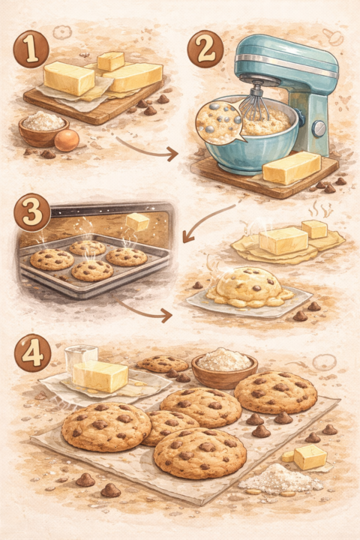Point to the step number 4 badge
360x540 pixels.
pyautogui.click(x=31, y=355)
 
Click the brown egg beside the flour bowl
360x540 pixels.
pyautogui.click(x=67, y=139)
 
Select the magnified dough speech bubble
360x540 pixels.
pyautogui.click(x=217, y=121)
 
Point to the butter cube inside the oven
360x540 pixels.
pyautogui.click(x=138, y=221)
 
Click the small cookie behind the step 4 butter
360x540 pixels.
pyautogui.click(x=163, y=364)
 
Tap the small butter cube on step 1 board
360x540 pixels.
pyautogui.click(x=111, y=61)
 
